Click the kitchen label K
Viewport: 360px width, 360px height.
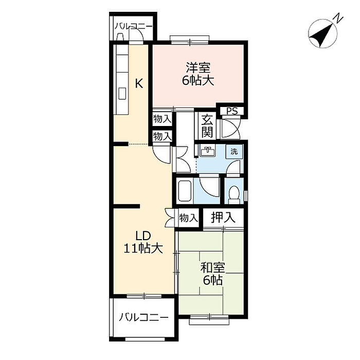click(x=139, y=83)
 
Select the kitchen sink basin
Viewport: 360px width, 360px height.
click(x=122, y=94)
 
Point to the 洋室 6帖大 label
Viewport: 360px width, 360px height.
click(x=198, y=74)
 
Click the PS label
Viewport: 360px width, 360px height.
click(x=232, y=112)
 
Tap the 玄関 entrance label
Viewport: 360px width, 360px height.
click(x=207, y=127)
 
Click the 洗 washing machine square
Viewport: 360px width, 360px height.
click(x=234, y=152)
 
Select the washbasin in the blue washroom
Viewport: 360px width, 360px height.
click(x=208, y=152)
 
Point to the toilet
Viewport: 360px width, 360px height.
click(x=234, y=195)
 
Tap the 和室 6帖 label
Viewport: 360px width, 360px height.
click(x=212, y=274)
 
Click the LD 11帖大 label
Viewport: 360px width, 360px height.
click(x=143, y=242)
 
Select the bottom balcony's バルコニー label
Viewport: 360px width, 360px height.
click(x=143, y=317)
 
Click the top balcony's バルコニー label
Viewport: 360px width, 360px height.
click(x=133, y=26)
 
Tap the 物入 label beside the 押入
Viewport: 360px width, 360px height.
click(x=188, y=218)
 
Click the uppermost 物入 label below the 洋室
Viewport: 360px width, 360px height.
click(x=163, y=119)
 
